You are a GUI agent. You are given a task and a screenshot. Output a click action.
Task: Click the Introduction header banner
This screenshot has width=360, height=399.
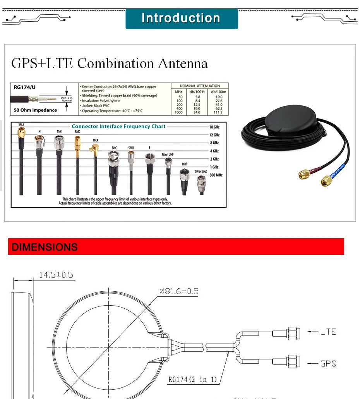click(181, 19)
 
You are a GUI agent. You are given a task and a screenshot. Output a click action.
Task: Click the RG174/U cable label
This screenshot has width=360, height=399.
click(24, 87)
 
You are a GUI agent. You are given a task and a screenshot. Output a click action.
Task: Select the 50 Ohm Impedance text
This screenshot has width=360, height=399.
click(35, 110)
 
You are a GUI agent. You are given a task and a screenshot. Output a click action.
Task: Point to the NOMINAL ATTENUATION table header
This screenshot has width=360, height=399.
click(200, 86)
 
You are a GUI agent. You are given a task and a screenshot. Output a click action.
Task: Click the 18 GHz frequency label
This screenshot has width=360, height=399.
click(214, 127)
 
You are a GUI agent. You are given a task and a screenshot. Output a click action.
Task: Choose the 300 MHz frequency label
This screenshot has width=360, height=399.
click(216, 175)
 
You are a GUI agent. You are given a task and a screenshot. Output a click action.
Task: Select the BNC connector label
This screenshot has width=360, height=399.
click(114, 148)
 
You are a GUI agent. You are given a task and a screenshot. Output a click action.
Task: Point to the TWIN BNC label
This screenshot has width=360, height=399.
click(201, 171)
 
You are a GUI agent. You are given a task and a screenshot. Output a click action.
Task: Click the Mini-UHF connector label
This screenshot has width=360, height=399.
click(168, 155)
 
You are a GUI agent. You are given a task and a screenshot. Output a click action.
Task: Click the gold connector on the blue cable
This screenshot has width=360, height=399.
click(327, 181)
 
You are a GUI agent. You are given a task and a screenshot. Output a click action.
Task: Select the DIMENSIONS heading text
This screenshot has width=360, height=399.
click(45, 247)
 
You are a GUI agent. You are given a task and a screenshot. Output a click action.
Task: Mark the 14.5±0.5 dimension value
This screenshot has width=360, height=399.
click(56, 275)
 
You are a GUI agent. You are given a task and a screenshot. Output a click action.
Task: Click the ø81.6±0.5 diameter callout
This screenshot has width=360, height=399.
click(179, 291)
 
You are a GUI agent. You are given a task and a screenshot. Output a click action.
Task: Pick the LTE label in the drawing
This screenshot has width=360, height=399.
click(328, 332)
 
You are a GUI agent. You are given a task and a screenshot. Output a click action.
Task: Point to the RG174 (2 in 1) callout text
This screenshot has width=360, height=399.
click(192, 379)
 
